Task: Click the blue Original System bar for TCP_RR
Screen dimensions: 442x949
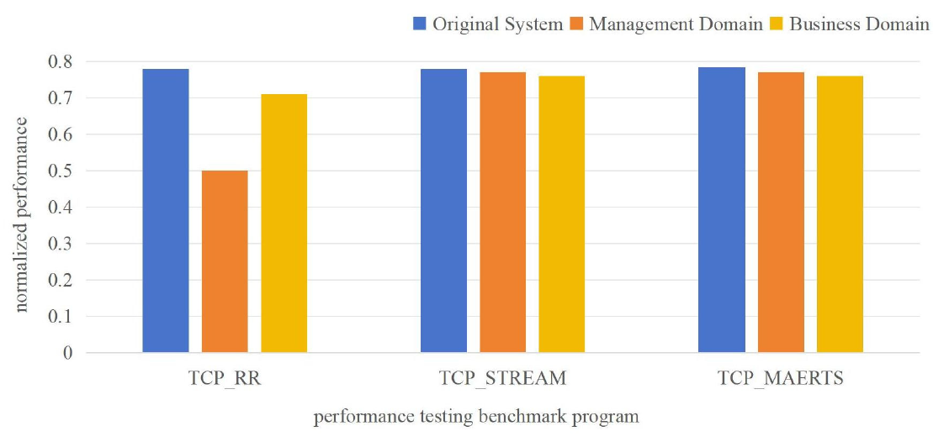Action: click(x=166, y=210)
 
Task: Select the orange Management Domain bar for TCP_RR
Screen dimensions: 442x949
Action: click(x=225, y=261)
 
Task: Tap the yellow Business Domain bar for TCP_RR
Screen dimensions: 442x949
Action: click(x=284, y=223)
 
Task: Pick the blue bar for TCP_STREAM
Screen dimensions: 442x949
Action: click(x=443, y=210)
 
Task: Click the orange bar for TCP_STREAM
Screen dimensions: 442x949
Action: click(x=502, y=212)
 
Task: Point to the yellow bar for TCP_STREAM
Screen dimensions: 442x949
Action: click(x=561, y=213)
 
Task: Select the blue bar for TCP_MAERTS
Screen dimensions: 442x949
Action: click(x=722, y=209)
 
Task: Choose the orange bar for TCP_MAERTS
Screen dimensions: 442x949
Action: click(x=781, y=212)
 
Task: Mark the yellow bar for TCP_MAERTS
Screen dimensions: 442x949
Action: click(x=840, y=213)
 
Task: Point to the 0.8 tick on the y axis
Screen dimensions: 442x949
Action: click(x=60, y=62)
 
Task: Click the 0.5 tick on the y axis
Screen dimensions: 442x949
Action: click(x=60, y=171)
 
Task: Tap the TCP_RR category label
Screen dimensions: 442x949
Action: click(x=225, y=378)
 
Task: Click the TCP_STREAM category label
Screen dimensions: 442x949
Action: click(x=502, y=378)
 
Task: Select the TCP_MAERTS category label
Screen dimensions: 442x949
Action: click(x=781, y=378)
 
